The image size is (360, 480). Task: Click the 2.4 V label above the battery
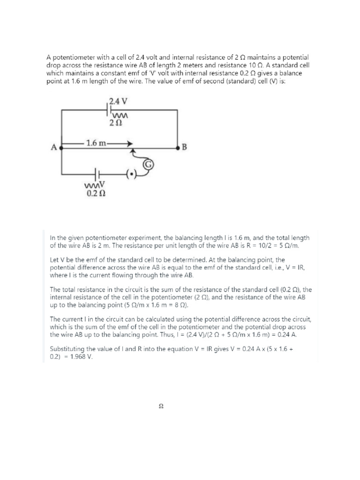[x=118, y=100]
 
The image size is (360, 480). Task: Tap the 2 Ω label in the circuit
[x=115, y=123]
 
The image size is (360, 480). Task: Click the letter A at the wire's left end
[x=53, y=147]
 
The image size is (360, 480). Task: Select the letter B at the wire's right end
[x=184, y=147]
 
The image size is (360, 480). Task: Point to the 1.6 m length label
[x=97, y=143]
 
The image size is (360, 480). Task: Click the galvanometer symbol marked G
[x=149, y=164]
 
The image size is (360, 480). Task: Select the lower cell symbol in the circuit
[x=96, y=173]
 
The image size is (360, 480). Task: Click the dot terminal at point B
[x=178, y=147]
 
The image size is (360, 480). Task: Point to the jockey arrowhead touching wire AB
[x=133, y=151]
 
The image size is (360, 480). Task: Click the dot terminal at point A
[x=62, y=147]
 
